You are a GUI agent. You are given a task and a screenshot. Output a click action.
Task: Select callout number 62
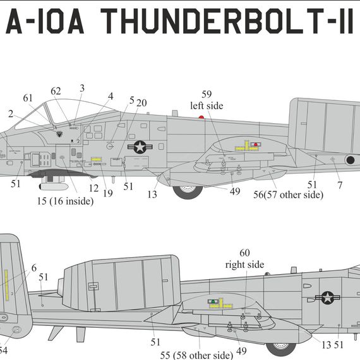pos(56,91)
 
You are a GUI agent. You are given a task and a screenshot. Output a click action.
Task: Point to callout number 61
pos(28,98)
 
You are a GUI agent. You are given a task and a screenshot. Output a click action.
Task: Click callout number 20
pos(141,103)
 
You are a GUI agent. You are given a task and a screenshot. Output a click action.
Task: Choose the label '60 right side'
pos(244,258)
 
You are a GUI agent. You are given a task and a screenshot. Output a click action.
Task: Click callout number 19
pos(107,193)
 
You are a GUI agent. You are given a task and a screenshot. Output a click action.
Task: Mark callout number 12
pos(93,188)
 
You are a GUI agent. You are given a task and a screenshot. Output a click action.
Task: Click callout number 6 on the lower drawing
pos(33,268)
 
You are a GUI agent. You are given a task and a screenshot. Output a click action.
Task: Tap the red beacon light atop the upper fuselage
pos(201,117)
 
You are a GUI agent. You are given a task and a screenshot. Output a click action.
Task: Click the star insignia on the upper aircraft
pos(139,147)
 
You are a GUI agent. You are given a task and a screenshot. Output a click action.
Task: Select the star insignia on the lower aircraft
pos(327,297)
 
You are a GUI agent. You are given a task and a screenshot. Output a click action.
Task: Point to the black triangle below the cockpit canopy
pos(59,134)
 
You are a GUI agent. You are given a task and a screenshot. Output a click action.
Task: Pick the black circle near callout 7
pos(349,160)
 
